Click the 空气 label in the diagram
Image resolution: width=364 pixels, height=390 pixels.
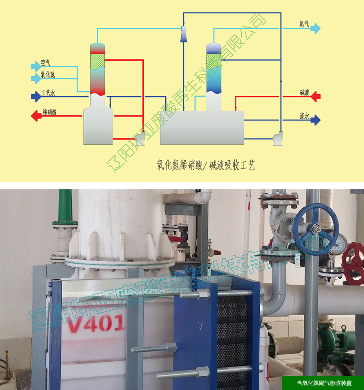point(45,63)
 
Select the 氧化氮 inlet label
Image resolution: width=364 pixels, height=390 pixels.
point(48,75)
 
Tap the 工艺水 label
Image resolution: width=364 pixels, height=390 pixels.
point(48,94)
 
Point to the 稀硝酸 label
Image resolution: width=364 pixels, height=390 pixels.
point(50,113)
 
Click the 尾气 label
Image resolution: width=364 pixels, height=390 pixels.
point(304,24)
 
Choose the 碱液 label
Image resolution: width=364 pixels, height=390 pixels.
point(304,93)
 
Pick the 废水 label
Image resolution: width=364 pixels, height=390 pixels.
point(304,116)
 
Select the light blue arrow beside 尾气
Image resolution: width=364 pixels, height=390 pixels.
point(316,28)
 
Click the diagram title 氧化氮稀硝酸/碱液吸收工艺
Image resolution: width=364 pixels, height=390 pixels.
point(205,165)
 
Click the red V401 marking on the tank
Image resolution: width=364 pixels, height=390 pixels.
point(96,324)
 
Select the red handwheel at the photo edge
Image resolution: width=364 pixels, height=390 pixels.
point(354,259)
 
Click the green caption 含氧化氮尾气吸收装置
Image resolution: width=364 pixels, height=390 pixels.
point(323,383)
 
